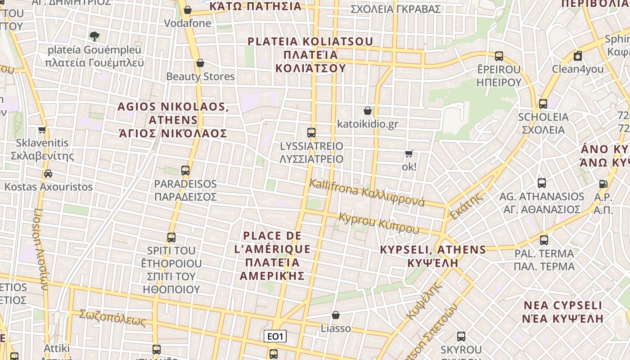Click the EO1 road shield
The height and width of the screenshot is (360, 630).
[x=275, y=336]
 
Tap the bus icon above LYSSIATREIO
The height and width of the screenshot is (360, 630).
[x=311, y=133]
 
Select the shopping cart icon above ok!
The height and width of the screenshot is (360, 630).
[x=409, y=154]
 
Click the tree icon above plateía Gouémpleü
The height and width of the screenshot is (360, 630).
[x=94, y=36]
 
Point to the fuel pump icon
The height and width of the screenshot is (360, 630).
[x=603, y=184]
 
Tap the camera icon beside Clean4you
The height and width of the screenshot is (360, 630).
[x=578, y=56]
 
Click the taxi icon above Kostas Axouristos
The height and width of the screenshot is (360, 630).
[x=48, y=173]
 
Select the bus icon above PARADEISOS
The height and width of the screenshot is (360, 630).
[x=185, y=171]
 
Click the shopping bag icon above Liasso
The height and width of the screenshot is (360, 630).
[x=335, y=315]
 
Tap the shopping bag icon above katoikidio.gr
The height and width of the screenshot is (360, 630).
[x=368, y=111]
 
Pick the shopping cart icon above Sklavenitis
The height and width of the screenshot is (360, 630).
[x=42, y=130]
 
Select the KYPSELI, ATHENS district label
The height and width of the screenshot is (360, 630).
[x=433, y=256]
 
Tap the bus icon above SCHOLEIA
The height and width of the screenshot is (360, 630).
[x=543, y=104]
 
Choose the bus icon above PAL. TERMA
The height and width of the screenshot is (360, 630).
[x=544, y=240]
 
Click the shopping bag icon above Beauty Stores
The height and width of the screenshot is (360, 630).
[x=200, y=63]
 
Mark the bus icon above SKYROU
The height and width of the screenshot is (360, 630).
[x=461, y=336]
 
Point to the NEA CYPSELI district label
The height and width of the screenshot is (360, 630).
[x=562, y=312]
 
